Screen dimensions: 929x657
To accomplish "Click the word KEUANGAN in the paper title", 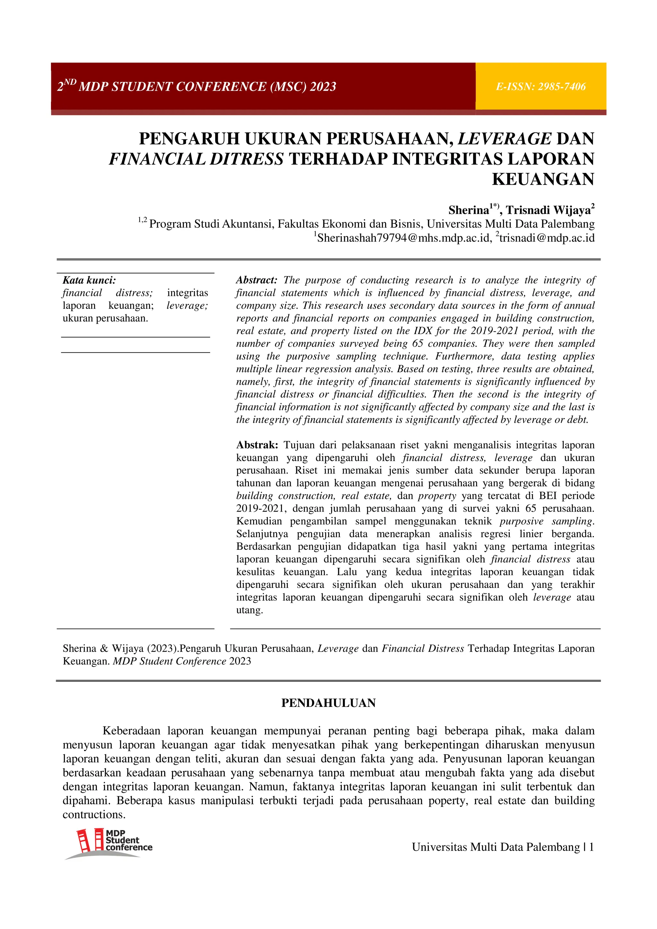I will [x=542, y=179].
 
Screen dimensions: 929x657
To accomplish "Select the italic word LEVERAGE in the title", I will [x=504, y=139].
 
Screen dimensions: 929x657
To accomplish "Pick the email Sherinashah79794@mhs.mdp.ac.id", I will [x=403, y=238].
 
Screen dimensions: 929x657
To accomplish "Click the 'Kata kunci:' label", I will [x=89, y=280].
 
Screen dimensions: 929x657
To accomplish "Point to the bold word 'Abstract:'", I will [x=256, y=280].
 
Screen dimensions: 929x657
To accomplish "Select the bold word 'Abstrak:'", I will [x=257, y=445].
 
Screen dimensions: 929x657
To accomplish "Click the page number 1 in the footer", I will [x=592, y=847].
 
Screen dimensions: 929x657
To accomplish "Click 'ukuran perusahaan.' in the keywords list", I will [x=105, y=318].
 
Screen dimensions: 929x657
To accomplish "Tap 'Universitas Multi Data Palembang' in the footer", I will [x=496, y=847].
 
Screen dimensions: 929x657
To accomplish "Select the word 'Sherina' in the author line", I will [x=468, y=210].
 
